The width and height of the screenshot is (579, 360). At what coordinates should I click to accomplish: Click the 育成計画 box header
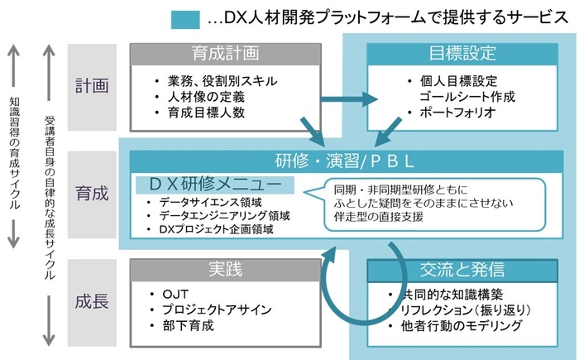pyautogui.click(x=225, y=54)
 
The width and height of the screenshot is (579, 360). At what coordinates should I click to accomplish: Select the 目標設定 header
pyautogui.click(x=462, y=54)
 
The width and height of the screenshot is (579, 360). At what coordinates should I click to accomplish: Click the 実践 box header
pyautogui.click(x=225, y=270)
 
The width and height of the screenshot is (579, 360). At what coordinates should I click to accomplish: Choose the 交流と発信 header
pyautogui.click(x=462, y=270)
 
